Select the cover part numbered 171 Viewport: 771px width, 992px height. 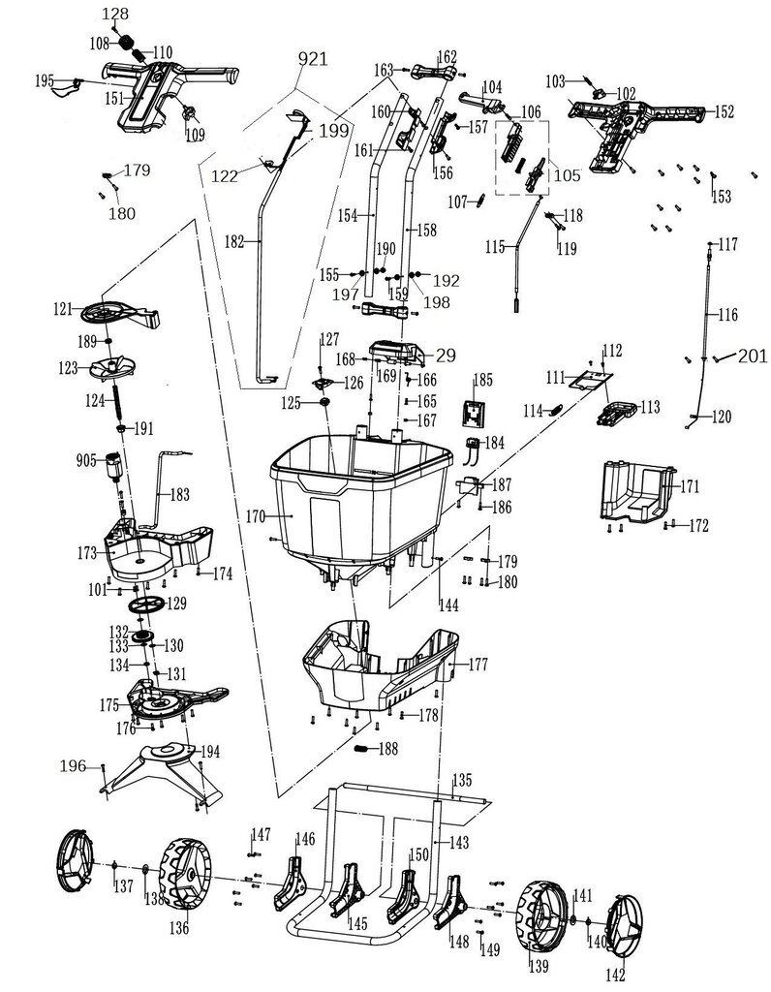tap(634, 492)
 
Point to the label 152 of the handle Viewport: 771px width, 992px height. tap(724, 111)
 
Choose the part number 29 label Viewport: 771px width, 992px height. tap(446, 356)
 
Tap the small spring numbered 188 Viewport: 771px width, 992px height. tap(361, 749)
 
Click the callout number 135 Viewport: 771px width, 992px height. tap(462, 780)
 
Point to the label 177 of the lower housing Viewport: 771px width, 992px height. tap(478, 666)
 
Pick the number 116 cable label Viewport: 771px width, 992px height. tap(727, 316)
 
